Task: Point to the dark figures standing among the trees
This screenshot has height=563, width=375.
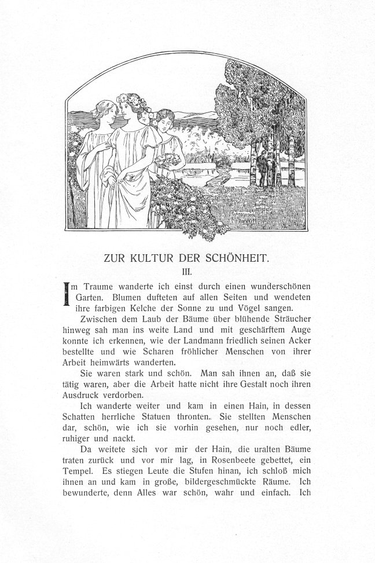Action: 263,168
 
